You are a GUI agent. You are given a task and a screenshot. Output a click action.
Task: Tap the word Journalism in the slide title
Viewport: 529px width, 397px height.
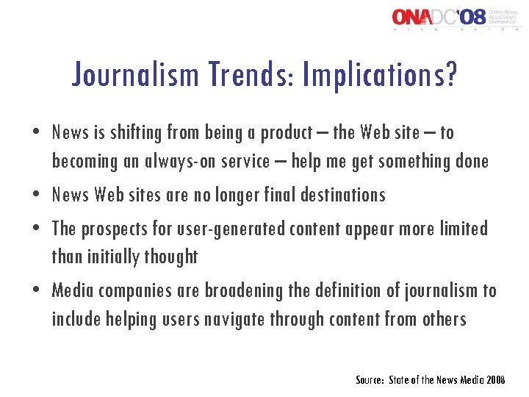coord(136,74)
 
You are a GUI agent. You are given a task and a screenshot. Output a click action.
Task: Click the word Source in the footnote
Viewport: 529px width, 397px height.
coord(368,380)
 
